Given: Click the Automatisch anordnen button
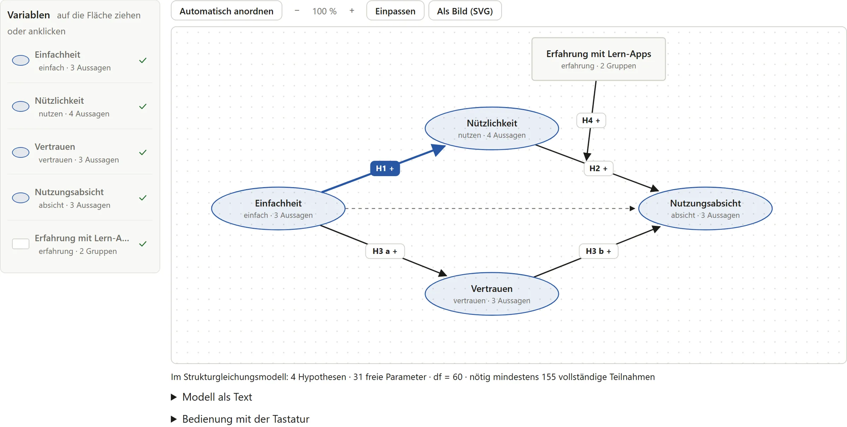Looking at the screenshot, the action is [x=226, y=11].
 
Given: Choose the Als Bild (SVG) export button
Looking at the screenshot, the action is [x=465, y=11].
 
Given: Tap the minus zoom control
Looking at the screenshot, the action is [x=297, y=11].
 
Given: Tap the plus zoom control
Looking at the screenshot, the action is [x=352, y=11].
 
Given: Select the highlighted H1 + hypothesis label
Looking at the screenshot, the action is [x=385, y=168].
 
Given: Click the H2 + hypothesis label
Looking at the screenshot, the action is [x=599, y=168].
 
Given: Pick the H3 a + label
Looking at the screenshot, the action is [x=385, y=251].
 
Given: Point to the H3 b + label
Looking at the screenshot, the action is [x=599, y=251].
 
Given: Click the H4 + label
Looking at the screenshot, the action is [x=591, y=120].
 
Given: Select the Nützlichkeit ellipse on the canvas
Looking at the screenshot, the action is [x=492, y=128].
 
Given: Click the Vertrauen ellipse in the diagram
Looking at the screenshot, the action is [x=492, y=294].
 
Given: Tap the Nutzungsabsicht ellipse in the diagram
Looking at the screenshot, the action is [x=705, y=209].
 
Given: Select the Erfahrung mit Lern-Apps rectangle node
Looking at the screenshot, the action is [x=599, y=59].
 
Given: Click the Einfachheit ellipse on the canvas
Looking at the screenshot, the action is [x=278, y=209].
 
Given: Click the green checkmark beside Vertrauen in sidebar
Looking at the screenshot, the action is [x=143, y=152].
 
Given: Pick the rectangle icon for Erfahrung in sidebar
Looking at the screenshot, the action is [x=21, y=244].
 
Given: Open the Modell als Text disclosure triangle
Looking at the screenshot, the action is [x=174, y=397].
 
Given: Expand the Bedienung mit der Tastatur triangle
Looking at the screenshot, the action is [x=174, y=419].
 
